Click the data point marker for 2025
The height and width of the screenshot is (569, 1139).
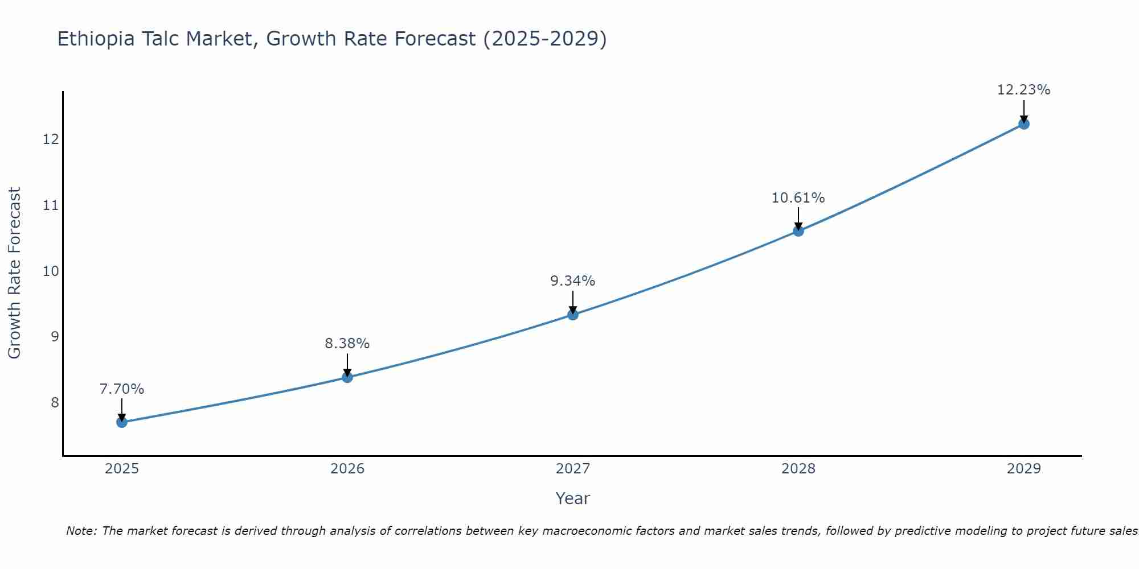(122, 422)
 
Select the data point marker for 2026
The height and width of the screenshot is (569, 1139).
(347, 377)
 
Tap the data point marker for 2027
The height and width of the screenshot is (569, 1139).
(573, 315)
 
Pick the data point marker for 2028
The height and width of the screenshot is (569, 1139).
(798, 230)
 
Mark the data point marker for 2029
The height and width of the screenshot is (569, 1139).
(1024, 124)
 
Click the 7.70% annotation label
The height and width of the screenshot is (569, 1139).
(122, 389)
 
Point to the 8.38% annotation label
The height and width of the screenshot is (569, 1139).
(347, 344)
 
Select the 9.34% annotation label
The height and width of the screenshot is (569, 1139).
(573, 281)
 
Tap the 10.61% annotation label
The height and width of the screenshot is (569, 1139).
(798, 198)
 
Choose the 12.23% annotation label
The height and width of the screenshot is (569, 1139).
(1024, 90)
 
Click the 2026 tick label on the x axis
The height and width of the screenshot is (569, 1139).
(347, 469)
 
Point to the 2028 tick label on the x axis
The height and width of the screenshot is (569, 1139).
(798, 469)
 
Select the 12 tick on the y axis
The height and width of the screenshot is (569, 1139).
(51, 139)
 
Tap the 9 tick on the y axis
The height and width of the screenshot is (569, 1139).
(55, 337)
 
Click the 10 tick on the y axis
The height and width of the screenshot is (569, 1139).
(51, 271)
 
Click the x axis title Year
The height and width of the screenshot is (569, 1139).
(573, 498)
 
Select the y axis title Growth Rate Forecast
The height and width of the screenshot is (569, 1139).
(15, 273)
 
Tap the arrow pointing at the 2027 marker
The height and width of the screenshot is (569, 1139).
(573, 302)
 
